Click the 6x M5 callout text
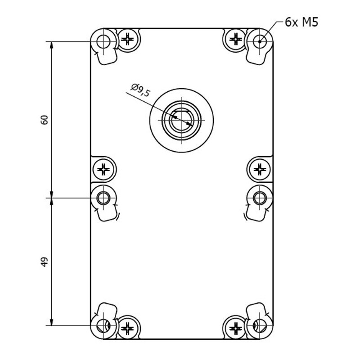click(x=301, y=22)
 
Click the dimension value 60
click(x=44, y=120)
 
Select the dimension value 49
click(x=44, y=262)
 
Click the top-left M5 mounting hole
click(x=103, y=42)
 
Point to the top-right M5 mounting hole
click(x=260, y=42)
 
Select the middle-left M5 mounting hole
click(x=103, y=198)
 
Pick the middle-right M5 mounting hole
click(x=260, y=198)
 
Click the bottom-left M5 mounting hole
click(x=103, y=325)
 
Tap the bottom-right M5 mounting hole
click(x=260, y=325)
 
